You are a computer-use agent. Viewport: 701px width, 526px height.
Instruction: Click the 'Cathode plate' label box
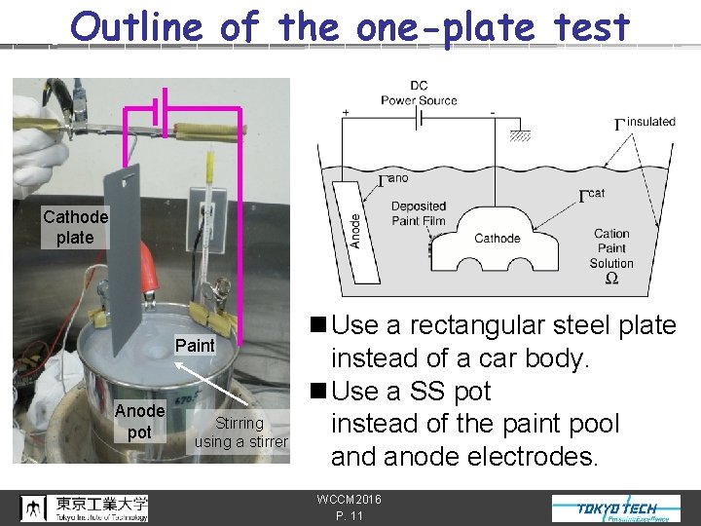[75, 227]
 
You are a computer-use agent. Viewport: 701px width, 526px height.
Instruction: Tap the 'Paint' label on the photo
[195, 345]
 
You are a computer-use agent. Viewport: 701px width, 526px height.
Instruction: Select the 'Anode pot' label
[139, 421]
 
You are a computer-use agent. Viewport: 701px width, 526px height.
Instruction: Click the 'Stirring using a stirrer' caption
[240, 432]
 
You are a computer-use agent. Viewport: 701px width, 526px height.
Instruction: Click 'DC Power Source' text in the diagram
[419, 94]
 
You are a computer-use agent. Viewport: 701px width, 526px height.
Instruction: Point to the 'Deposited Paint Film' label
[418, 213]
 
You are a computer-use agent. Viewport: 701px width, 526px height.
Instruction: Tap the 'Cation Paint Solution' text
[611, 248]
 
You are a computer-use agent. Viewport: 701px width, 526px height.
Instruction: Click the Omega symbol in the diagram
[610, 279]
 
